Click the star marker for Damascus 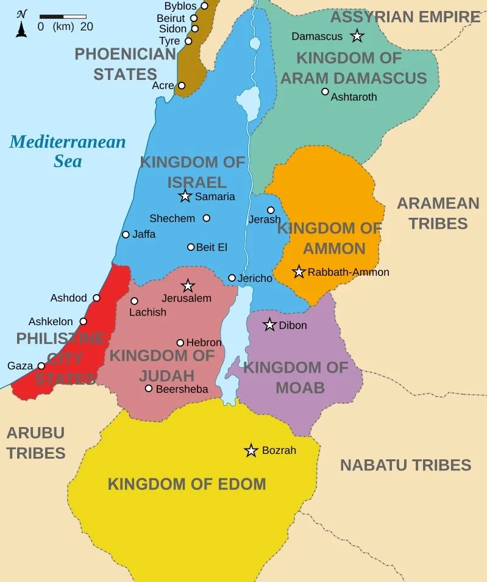tap(357, 37)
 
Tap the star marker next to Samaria tap(185, 196)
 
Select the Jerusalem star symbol tap(188, 286)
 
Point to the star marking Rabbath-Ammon tap(299, 271)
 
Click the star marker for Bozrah tap(251, 451)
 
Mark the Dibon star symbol tap(269, 325)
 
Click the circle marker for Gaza tap(41, 366)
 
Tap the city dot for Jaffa tap(126, 234)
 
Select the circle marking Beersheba tap(149, 389)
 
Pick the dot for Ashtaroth tap(325, 92)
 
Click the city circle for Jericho tap(232, 278)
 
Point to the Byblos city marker tap(204, 5)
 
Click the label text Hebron tap(204, 343)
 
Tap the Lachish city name tap(148, 312)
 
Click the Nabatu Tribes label tap(405, 465)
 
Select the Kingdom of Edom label tap(187, 485)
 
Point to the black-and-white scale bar tap(63, 16)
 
